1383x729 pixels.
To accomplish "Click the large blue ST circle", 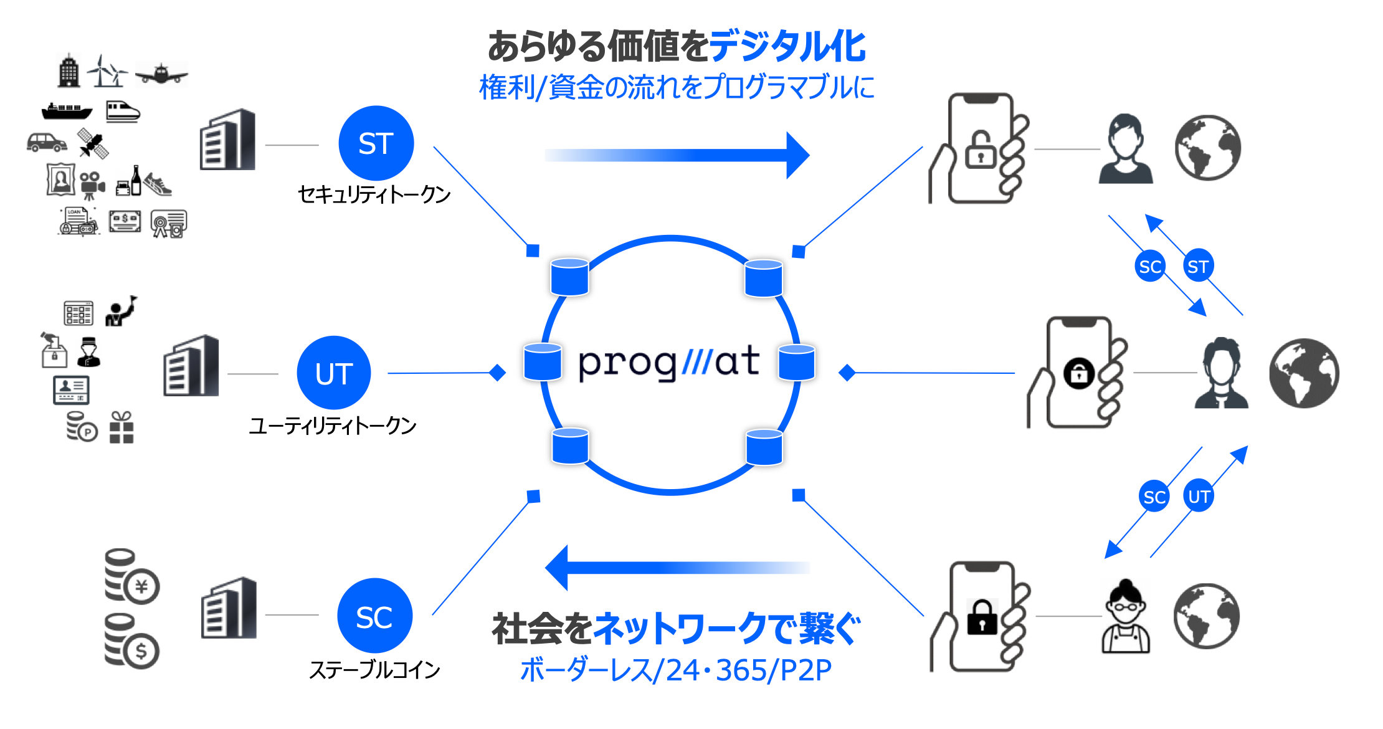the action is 376,143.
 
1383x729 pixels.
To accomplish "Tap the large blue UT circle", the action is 334,373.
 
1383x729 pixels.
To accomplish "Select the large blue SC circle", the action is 374,616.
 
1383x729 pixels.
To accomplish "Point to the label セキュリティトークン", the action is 374,195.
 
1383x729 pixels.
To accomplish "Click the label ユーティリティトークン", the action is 333,426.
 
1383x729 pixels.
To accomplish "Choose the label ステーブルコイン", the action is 374,670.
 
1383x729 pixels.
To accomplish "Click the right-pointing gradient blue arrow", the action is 677,155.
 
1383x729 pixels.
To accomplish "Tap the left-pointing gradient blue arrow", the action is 677,568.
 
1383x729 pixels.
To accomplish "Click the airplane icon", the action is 161,74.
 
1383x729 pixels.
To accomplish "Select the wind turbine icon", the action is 107,71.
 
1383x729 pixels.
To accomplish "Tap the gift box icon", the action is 121,427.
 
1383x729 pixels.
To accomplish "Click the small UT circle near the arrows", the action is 1199,496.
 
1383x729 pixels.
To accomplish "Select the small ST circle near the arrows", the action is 1197,266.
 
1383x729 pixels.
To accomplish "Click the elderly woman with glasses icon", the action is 1126,616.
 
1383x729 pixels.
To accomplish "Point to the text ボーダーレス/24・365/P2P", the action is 676,670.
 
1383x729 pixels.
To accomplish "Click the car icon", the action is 47,143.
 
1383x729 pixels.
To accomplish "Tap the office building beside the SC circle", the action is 229,608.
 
